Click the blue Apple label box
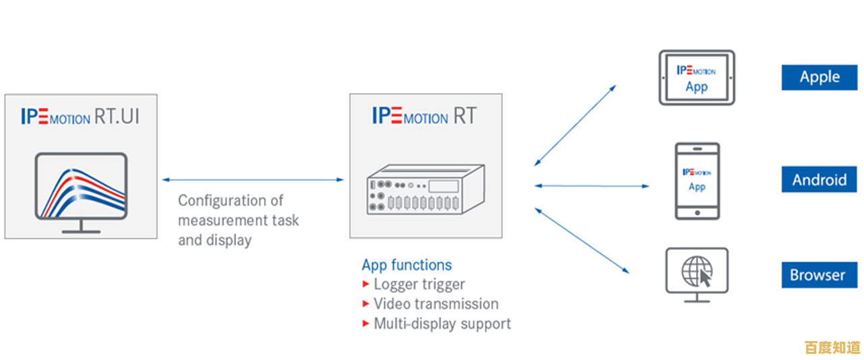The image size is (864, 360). [x=820, y=78]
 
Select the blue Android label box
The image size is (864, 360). [x=820, y=180]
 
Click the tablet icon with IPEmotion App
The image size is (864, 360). [x=697, y=78]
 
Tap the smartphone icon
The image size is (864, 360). [x=697, y=181]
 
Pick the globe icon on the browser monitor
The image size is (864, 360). [x=696, y=271]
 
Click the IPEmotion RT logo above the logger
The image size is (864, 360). [x=425, y=116]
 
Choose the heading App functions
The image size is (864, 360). [x=407, y=265]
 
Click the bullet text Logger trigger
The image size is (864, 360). [x=419, y=284]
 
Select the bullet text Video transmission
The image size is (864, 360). [x=436, y=304]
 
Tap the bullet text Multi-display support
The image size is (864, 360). [x=442, y=324]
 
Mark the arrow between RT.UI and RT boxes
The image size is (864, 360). [x=253, y=180]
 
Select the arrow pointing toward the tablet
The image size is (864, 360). [x=575, y=125]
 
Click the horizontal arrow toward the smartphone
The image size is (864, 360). [x=592, y=185]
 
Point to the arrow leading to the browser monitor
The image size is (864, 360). [x=582, y=241]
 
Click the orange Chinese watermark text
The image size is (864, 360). [x=833, y=347]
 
